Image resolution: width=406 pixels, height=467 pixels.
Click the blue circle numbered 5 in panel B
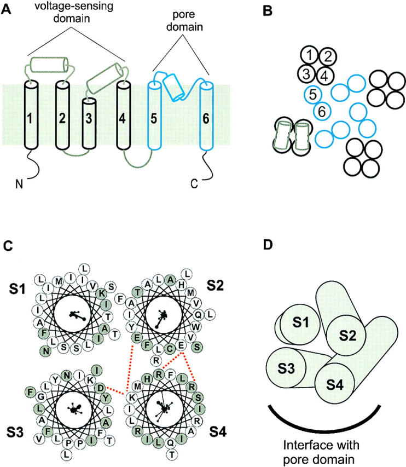[312, 94]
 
